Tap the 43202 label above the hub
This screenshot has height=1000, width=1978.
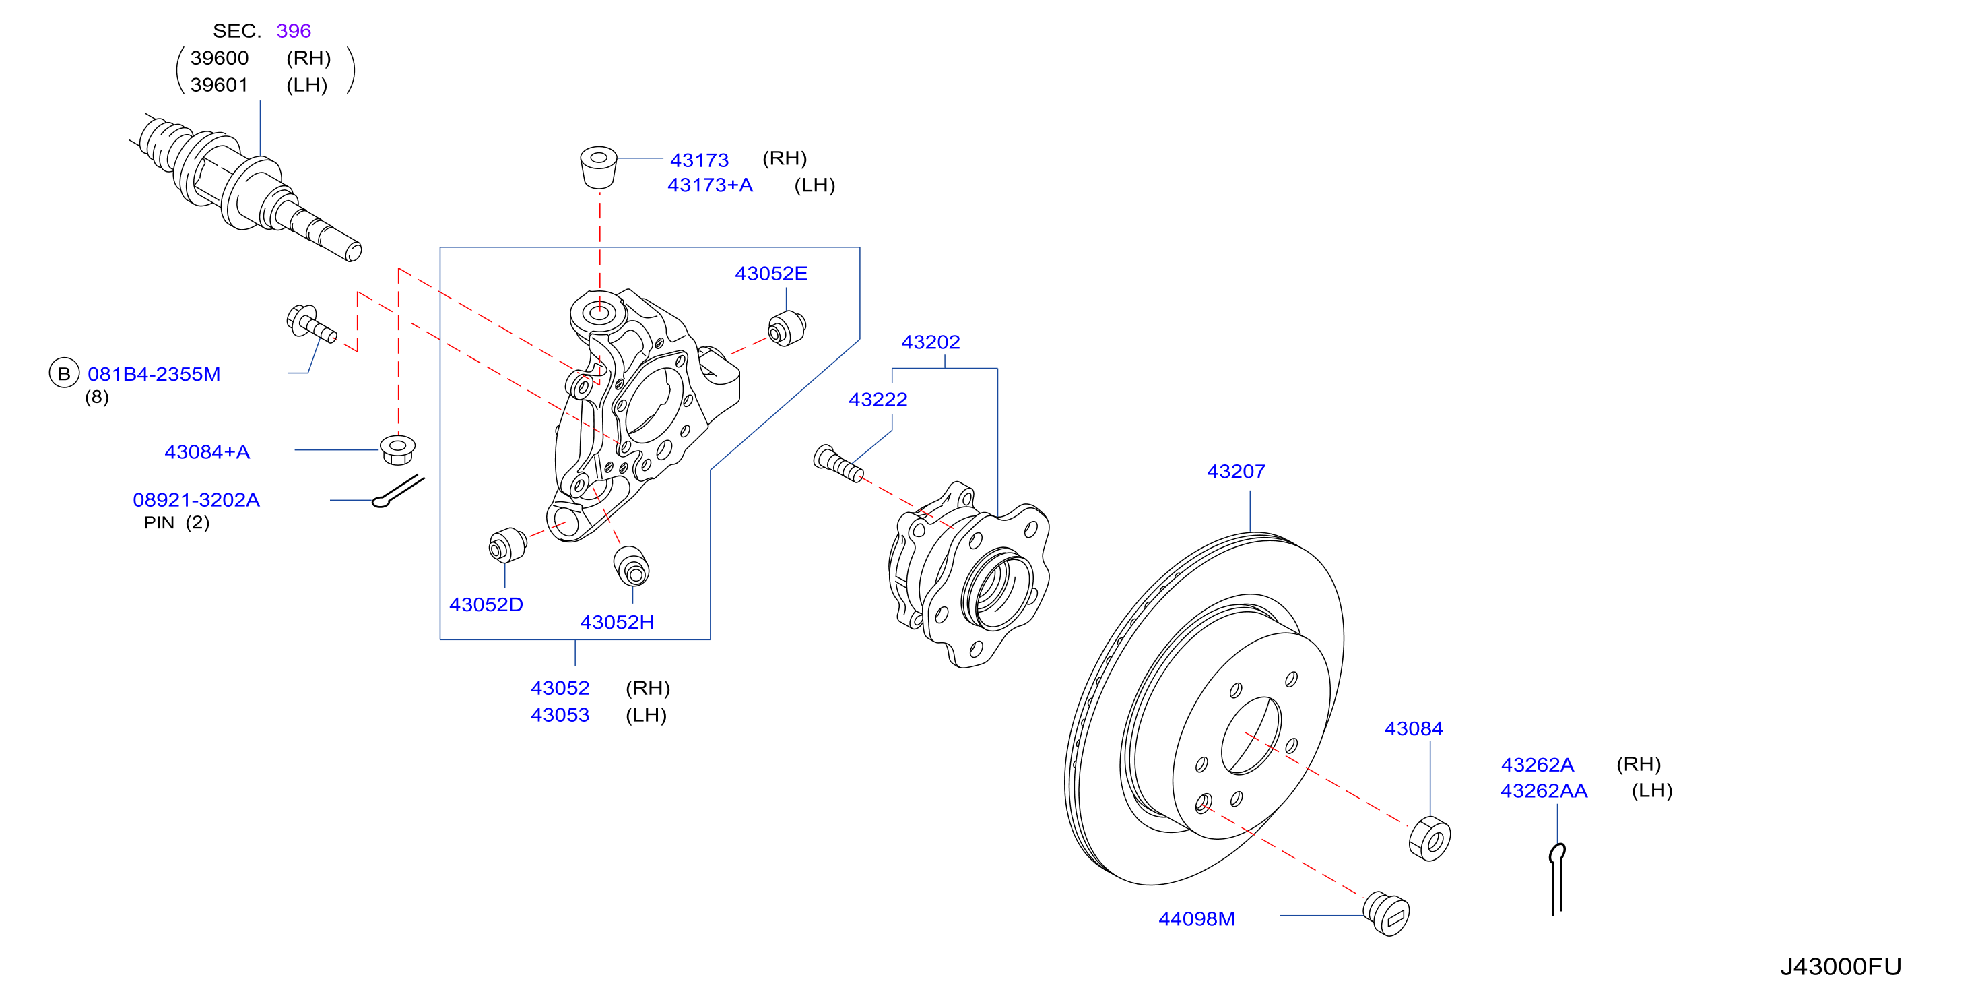[x=930, y=342]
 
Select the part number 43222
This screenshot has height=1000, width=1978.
[x=878, y=400]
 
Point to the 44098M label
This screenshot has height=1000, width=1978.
[x=1196, y=918]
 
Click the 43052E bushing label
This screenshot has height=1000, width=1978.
[x=771, y=274]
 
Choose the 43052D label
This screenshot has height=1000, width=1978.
[x=486, y=604]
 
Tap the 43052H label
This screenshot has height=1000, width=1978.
[x=617, y=622]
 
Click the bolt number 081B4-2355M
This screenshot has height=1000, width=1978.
[x=154, y=374]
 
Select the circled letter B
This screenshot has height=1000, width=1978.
[x=64, y=373]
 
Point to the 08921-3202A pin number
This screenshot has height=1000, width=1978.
[x=196, y=500]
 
